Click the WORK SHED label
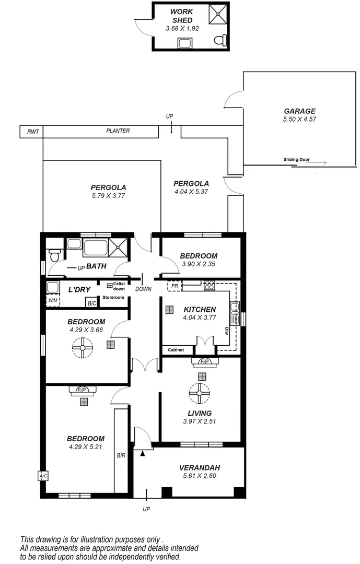[182, 16]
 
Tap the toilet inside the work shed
[222, 40]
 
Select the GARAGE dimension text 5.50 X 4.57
[300, 119]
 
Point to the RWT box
[31, 132]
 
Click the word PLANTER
[118, 131]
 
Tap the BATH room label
[96, 266]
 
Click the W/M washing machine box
[53, 300]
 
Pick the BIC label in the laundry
[92, 303]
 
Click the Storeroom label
[113, 297]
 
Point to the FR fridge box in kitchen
[175, 286]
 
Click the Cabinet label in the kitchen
[176, 350]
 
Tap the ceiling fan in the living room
[199, 393]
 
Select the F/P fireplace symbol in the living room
[202, 361]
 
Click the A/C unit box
[42, 476]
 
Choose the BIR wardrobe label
[121, 455]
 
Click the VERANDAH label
[199, 468]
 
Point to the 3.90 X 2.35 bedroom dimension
[199, 264]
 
